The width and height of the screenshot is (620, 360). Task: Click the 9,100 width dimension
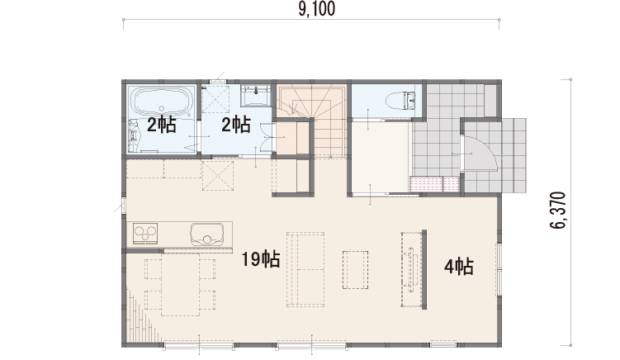(x=317, y=9)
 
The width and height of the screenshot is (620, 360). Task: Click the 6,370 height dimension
(x=558, y=211)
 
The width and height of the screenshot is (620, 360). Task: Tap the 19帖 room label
(x=261, y=259)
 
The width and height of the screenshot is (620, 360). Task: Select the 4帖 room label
(x=459, y=267)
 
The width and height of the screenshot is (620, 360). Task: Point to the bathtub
(x=161, y=101)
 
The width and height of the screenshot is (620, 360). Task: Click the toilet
(x=400, y=101)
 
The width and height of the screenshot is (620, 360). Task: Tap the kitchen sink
(x=206, y=234)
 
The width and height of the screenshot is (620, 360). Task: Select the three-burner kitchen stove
(x=145, y=233)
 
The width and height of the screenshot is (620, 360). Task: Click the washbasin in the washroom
(x=256, y=95)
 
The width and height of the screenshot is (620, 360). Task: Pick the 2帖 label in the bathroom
(x=161, y=125)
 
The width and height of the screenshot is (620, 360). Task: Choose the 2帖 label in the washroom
(x=235, y=125)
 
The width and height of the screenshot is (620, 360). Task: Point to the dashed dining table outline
(x=180, y=284)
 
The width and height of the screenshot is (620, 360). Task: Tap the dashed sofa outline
(x=305, y=269)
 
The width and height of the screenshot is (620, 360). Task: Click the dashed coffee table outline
(x=356, y=270)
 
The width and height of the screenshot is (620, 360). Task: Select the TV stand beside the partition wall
(x=411, y=269)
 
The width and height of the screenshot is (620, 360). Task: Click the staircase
(x=313, y=119)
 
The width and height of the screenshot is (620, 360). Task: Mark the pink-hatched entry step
(x=434, y=184)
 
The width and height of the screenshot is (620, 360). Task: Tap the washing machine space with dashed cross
(x=217, y=175)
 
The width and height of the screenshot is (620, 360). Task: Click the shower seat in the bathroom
(x=135, y=135)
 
